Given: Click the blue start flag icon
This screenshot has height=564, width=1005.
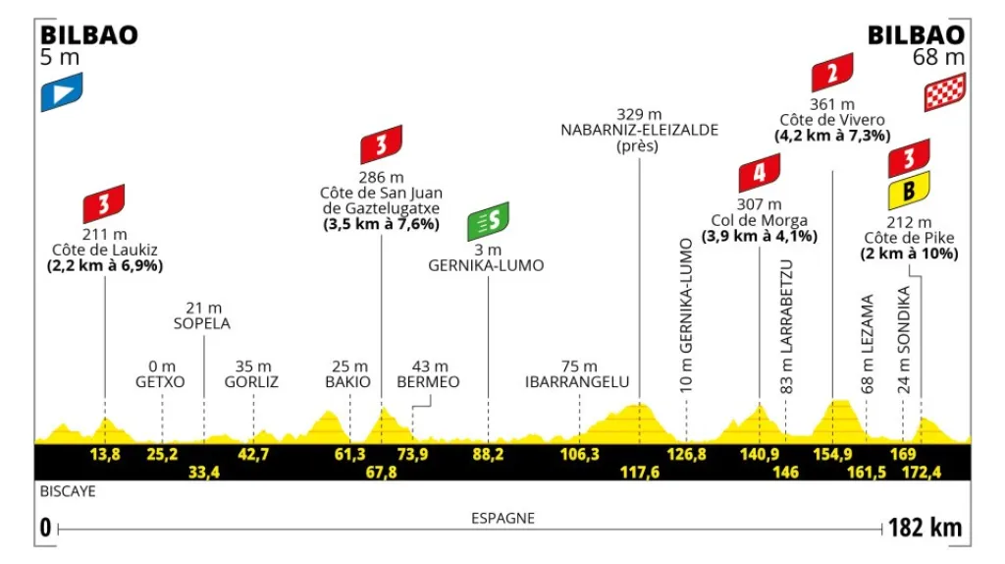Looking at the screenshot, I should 61,91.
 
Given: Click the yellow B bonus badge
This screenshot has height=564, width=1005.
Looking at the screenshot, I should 909,192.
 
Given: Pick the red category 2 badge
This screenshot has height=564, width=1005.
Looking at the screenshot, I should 831,72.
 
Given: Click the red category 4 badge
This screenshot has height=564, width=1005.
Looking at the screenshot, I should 759,175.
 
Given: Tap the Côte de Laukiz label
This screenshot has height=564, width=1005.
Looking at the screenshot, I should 105,250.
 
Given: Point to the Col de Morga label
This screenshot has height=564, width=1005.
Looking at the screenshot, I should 760,220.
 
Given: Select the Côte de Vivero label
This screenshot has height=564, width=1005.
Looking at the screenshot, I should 832,119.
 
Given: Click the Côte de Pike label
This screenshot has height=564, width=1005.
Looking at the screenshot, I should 909,238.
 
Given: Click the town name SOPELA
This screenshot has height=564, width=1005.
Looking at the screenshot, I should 204,323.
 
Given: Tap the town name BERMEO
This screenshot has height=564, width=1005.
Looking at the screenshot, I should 428,381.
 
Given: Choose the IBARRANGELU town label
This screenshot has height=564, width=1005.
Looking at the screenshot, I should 577,381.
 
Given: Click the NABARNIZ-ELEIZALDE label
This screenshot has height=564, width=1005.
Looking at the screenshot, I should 640,129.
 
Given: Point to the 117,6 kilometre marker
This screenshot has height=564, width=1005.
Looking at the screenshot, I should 640,472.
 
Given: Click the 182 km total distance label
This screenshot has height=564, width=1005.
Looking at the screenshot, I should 924,528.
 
